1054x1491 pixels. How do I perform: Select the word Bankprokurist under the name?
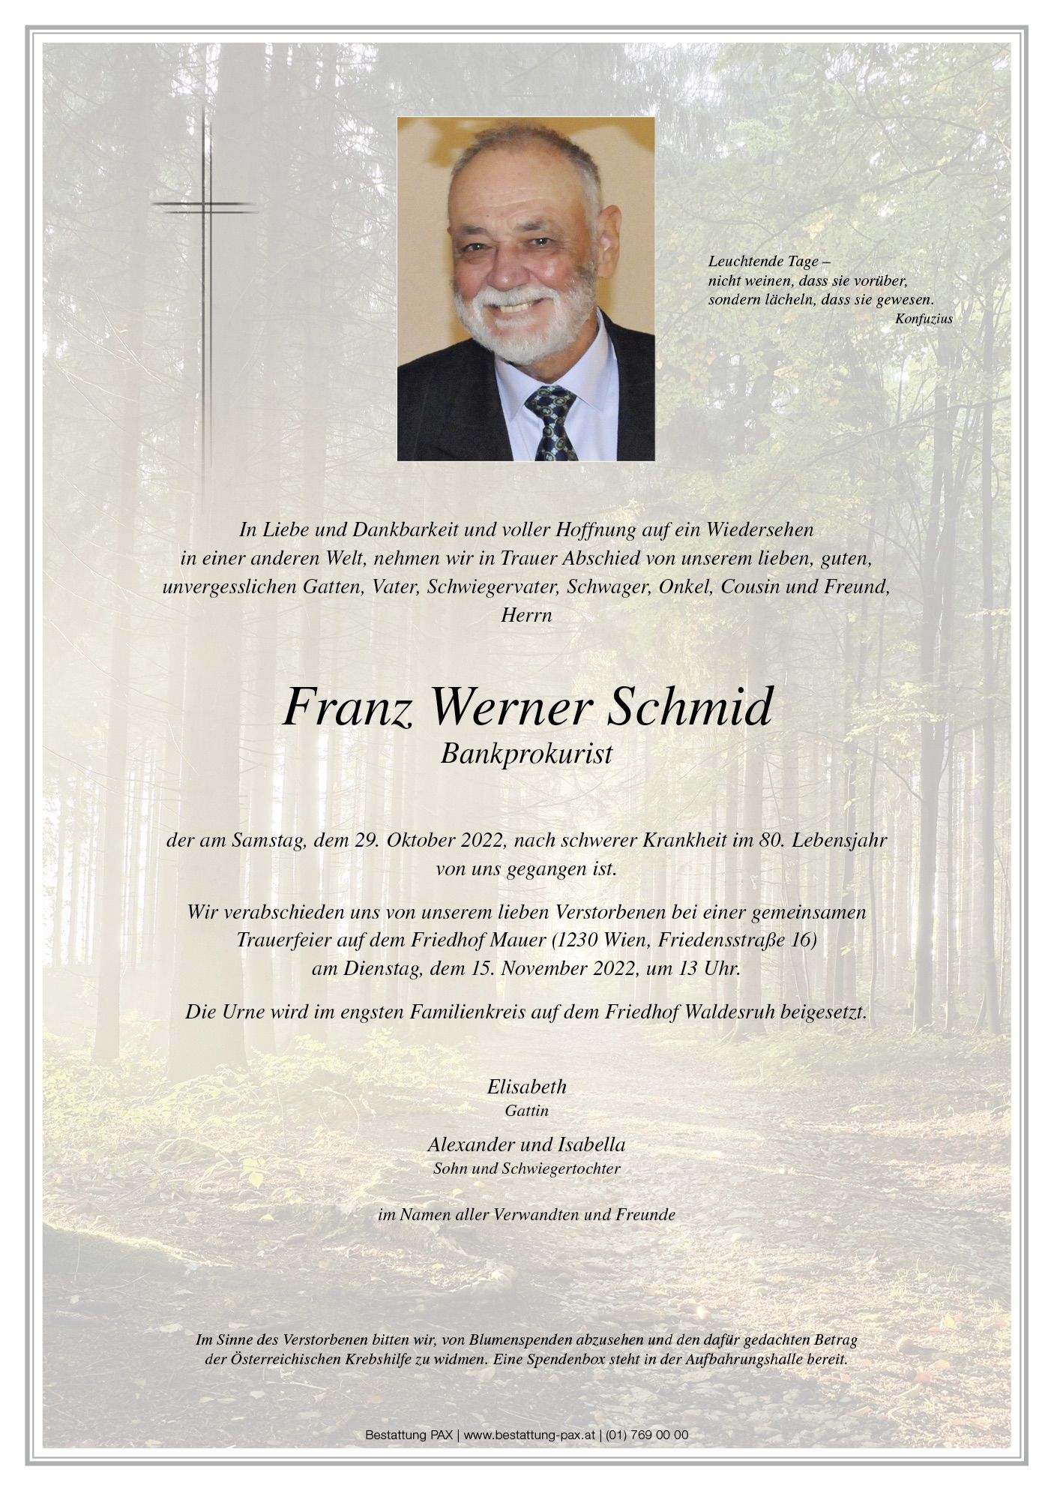(x=526, y=754)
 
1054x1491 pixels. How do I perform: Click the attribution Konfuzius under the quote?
(x=924, y=319)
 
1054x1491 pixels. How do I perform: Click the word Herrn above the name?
(x=526, y=615)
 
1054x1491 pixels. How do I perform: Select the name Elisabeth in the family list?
(x=526, y=1086)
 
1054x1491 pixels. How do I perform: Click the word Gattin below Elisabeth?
(x=526, y=1111)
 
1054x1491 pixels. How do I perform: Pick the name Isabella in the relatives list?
(x=591, y=1144)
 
